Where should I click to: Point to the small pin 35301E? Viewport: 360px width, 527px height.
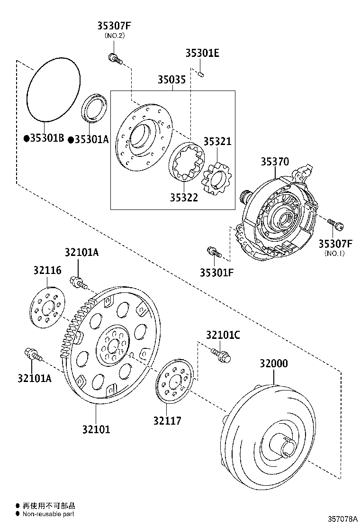[201, 73]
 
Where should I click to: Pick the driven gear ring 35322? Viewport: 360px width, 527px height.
[187, 164]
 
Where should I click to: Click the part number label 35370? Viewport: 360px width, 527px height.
[274, 162]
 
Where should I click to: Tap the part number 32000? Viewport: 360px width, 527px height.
[273, 364]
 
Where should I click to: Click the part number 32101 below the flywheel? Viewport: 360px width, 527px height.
[96, 429]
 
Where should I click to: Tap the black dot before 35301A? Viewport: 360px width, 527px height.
[70, 139]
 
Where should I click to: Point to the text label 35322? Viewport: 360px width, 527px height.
[184, 198]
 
